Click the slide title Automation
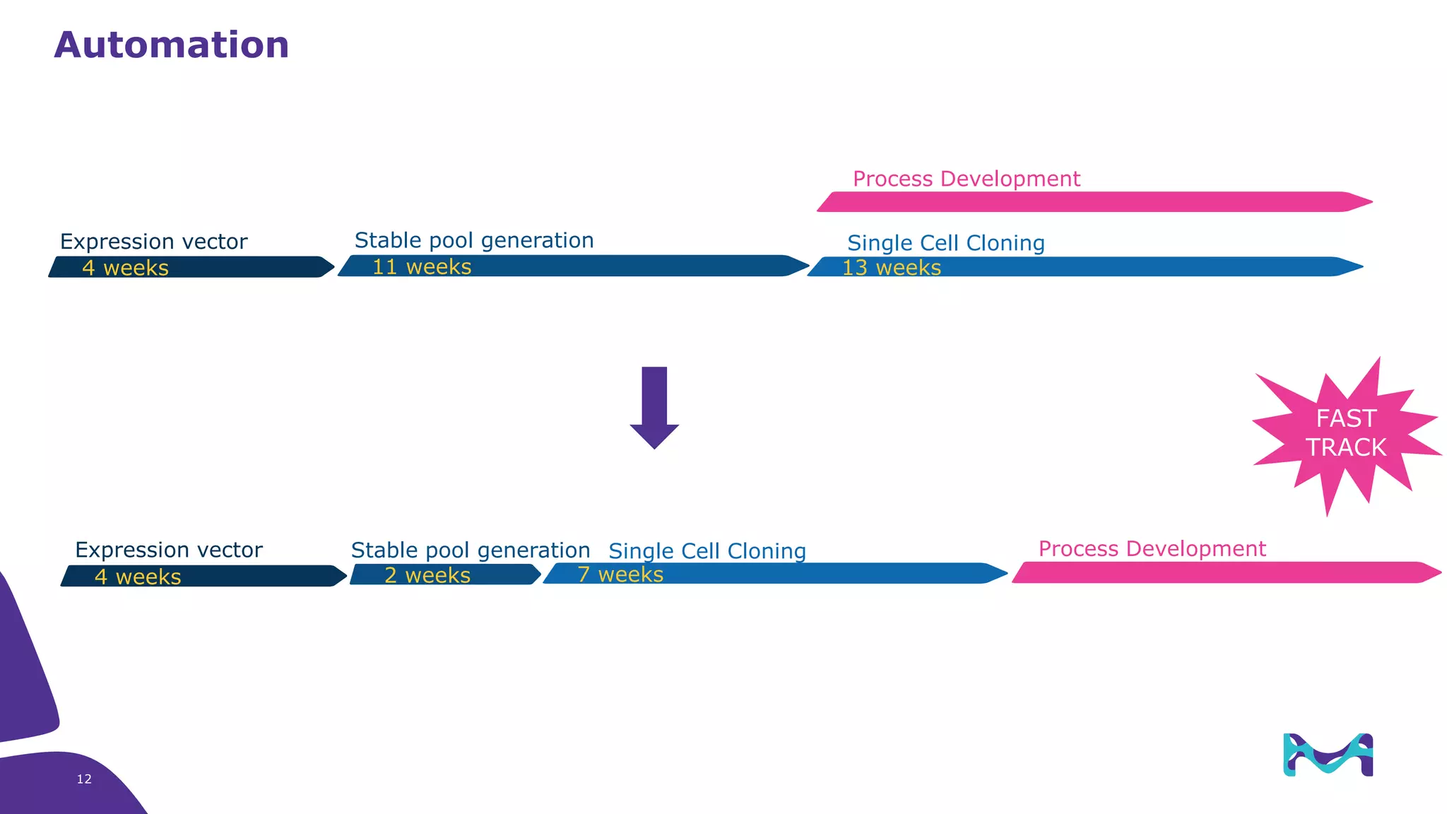click(x=171, y=45)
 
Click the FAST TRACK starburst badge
click(x=1345, y=433)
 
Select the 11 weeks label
click(x=422, y=267)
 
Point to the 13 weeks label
click(x=891, y=268)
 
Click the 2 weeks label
click(x=427, y=575)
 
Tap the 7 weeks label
click(x=620, y=574)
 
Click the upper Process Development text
click(x=966, y=179)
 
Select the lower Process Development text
click(x=1152, y=548)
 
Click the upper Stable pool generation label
click(x=473, y=240)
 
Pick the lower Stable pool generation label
click(x=470, y=550)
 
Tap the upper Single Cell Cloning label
click(x=945, y=243)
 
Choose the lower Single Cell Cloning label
click(x=707, y=551)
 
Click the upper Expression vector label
click(x=153, y=242)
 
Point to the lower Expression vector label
click(x=168, y=550)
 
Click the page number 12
click(x=84, y=779)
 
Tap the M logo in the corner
click(x=1328, y=755)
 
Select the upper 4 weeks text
click(x=125, y=268)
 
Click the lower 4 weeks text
click(x=138, y=577)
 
